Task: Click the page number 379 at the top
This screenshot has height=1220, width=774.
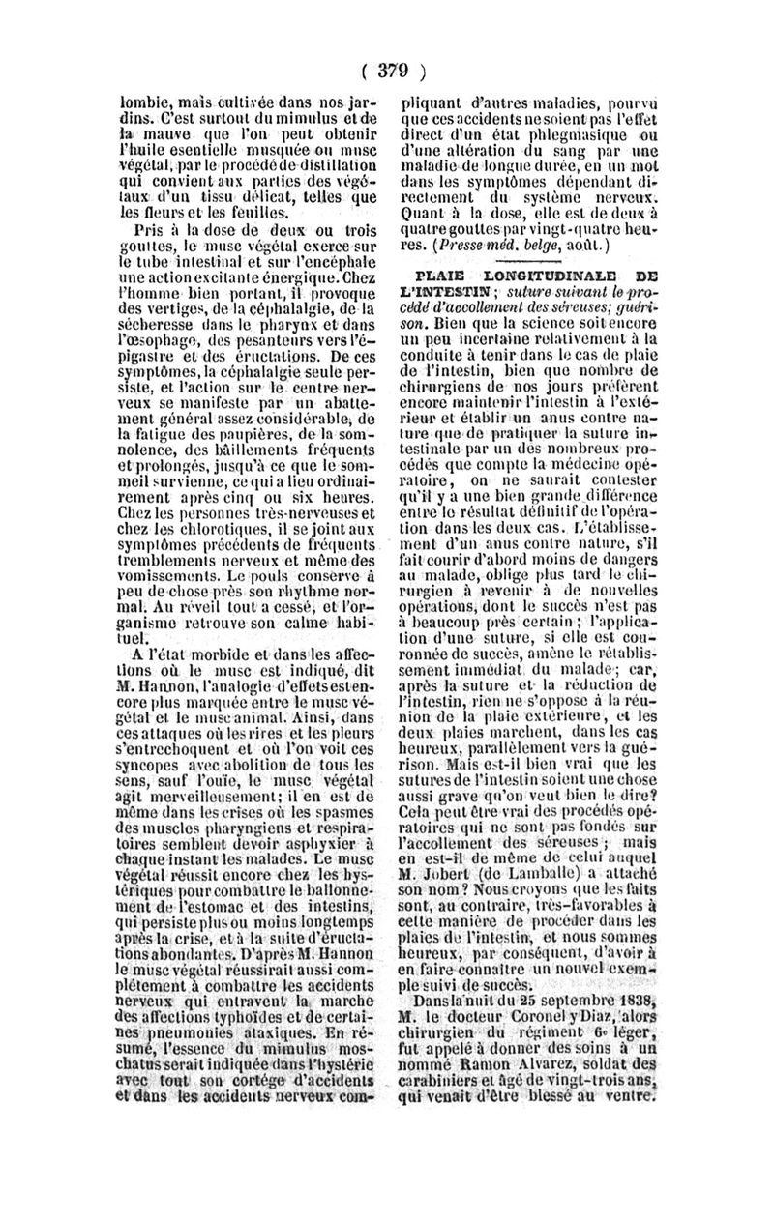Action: [388, 70]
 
